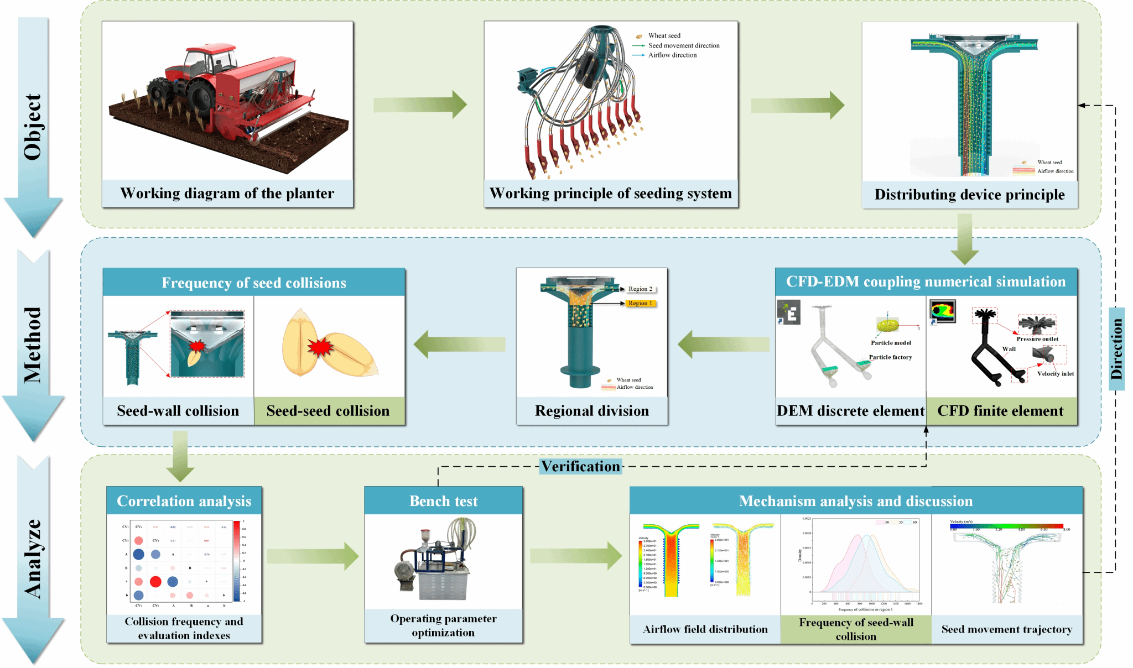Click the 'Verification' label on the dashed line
[580, 466]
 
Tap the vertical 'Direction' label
[1116, 349]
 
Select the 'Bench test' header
[443, 501]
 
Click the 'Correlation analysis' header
[184, 501]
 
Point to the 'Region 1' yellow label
[641, 303]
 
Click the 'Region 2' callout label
[641, 289]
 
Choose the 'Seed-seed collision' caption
[328, 411]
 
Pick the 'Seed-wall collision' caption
[178, 411]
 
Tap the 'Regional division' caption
[591, 411]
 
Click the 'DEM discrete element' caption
[850, 411]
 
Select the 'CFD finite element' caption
[1000, 411]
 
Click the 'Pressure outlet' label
[1037, 339]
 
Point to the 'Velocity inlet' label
[1056, 374]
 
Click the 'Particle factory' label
[890, 357]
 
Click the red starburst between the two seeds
[320, 347]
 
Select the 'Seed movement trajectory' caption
[1007, 629]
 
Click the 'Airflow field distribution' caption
[705, 629]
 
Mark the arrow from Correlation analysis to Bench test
[313, 556]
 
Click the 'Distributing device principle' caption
[969, 195]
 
